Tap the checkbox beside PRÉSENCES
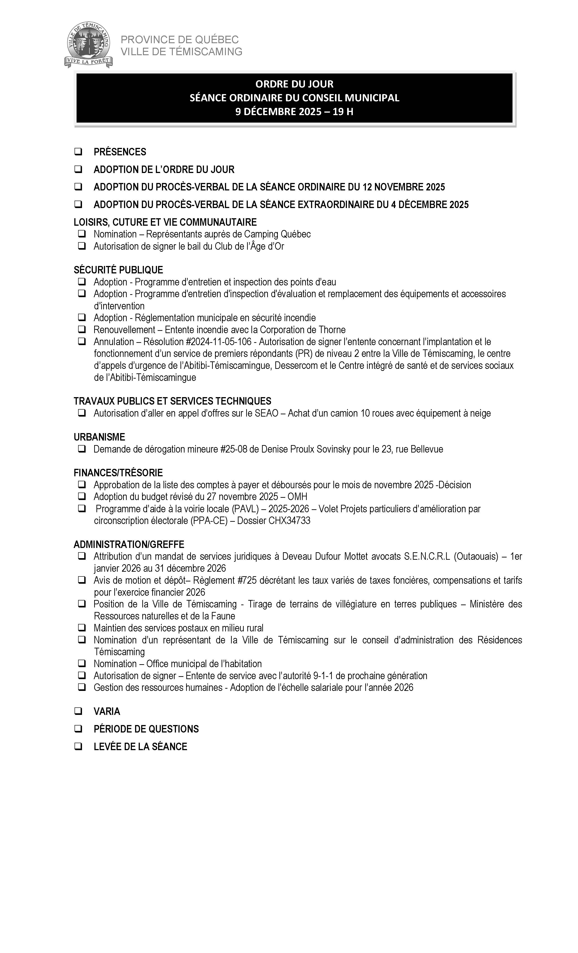pos(78,152)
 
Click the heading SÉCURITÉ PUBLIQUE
pos(118,270)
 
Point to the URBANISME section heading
pos(99,437)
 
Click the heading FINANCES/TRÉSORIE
pos(118,473)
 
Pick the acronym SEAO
pos(267,413)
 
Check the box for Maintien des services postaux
pos(82,628)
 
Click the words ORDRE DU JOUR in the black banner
pos(294,84)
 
